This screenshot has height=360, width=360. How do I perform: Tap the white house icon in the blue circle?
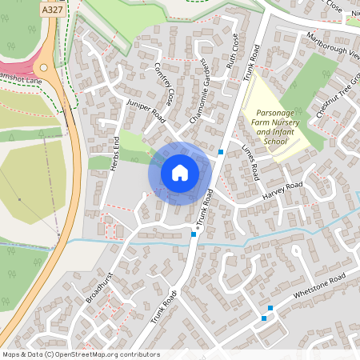(x=180, y=173)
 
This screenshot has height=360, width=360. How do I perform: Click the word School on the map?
(x=275, y=141)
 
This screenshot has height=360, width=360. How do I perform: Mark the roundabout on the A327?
(x=45, y=69)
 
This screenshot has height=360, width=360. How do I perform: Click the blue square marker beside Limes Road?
(x=221, y=151)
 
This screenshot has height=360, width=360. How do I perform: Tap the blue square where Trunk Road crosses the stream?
(x=194, y=234)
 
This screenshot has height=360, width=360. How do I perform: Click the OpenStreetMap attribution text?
(x=80, y=354)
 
